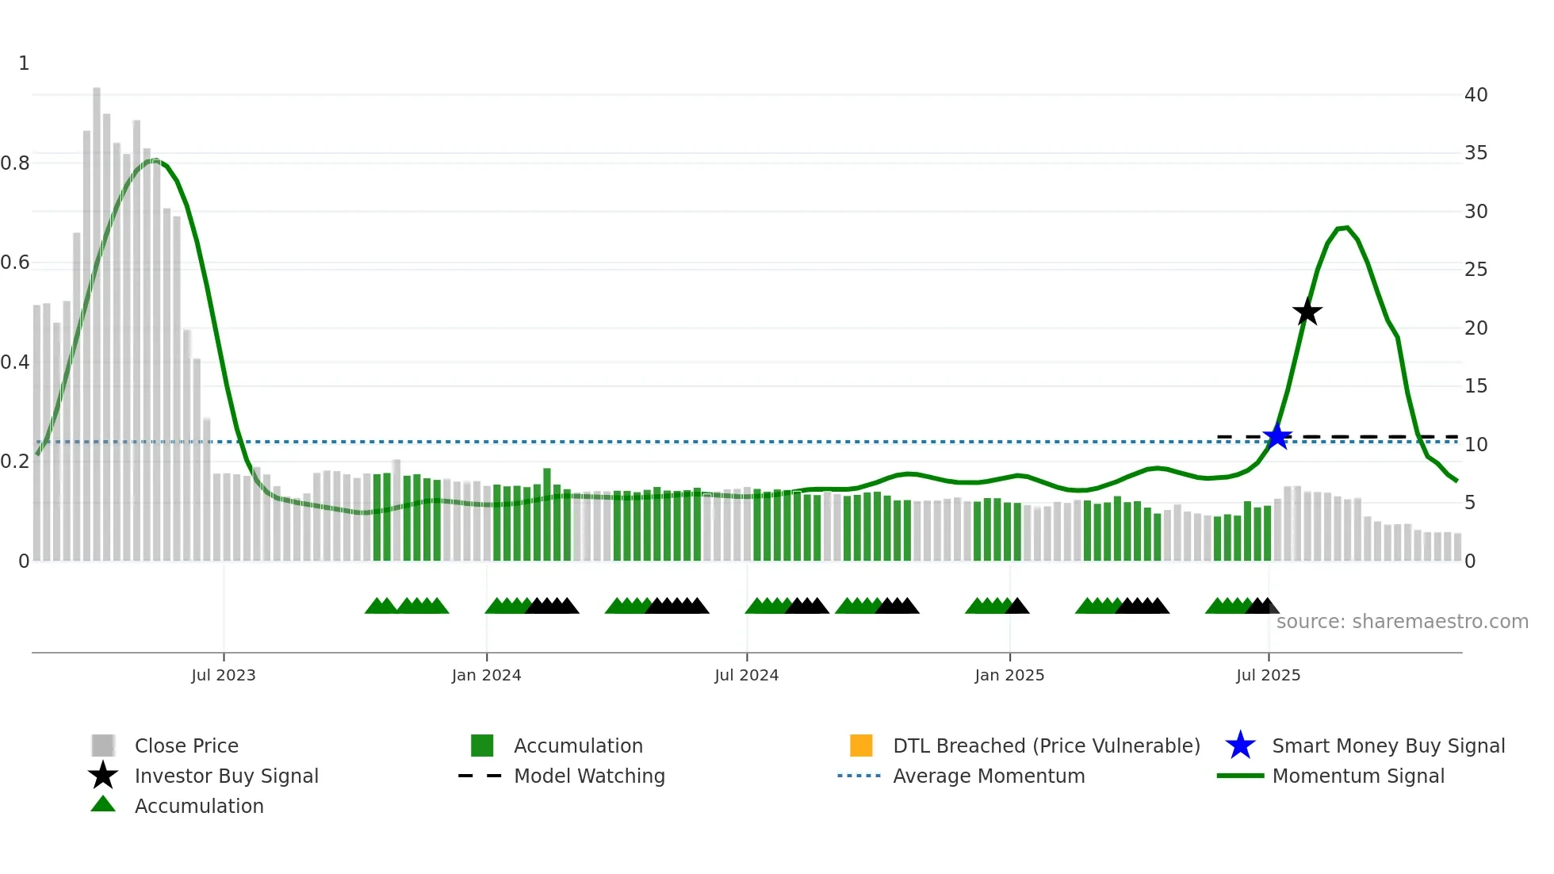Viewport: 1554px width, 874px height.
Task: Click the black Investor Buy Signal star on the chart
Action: point(1307,312)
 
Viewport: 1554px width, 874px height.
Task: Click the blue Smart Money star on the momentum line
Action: point(1277,436)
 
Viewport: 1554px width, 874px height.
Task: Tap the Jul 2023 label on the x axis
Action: point(224,675)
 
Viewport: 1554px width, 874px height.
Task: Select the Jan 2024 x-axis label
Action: point(486,675)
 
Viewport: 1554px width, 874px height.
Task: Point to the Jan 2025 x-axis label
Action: point(1009,675)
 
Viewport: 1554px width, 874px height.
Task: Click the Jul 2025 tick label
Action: point(1268,675)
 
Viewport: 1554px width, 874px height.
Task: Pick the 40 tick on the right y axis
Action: point(1476,95)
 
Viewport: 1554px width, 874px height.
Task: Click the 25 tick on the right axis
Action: point(1476,270)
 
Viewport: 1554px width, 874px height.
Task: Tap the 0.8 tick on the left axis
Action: point(15,163)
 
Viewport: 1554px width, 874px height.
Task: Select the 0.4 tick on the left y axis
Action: point(15,362)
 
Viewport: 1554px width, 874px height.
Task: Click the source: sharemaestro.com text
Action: point(1402,622)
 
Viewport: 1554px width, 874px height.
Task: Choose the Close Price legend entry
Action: point(186,746)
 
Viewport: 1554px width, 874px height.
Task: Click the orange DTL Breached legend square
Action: point(861,746)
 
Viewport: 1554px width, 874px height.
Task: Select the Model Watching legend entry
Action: point(588,776)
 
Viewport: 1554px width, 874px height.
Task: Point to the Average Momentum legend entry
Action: point(988,776)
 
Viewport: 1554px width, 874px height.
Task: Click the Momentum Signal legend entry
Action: point(1357,776)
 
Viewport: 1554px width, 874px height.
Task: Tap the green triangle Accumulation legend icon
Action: point(103,804)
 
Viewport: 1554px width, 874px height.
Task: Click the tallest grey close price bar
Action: point(97,317)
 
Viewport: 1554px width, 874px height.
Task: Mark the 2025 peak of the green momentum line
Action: point(1345,228)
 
